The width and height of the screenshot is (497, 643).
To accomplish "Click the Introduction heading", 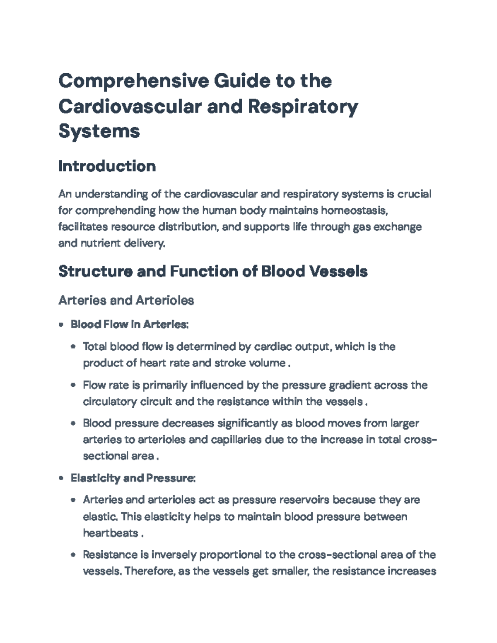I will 107,166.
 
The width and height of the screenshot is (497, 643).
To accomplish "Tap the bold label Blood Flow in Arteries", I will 129,324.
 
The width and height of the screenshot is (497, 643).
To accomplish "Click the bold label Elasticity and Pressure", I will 133,478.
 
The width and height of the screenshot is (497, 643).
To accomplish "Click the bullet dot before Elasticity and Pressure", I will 61,479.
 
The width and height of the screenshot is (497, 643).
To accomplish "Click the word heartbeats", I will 110,533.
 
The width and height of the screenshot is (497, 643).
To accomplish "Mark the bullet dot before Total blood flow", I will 73,347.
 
